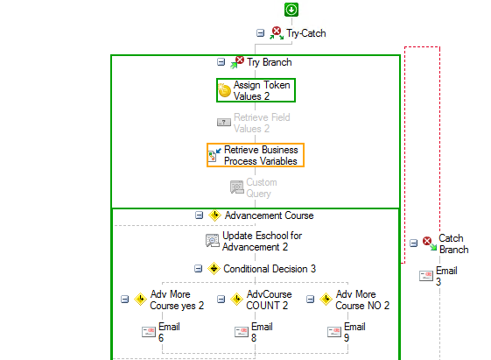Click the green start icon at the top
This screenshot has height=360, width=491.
pos(291,10)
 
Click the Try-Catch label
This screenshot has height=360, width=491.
pos(306,33)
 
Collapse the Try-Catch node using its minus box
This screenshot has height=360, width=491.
pos(260,33)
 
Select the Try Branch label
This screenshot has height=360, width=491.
pos(270,62)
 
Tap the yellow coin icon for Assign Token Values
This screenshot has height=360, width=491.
pos(224,90)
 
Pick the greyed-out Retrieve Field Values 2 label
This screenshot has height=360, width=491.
pos(262,123)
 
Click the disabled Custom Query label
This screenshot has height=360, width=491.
pos(262,187)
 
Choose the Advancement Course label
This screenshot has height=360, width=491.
pos(269,215)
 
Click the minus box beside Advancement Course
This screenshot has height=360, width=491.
pos(200,215)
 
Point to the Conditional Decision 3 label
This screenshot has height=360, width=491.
pos(270,269)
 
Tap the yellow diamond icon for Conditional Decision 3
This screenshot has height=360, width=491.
pos(214,269)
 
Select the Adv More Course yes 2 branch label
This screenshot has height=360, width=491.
pos(177,300)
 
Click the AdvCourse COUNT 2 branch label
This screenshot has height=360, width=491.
pos(269,300)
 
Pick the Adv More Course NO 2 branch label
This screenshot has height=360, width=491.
pos(362,300)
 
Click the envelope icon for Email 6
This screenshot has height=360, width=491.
pos(149,331)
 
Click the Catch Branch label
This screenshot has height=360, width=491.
pos(453,244)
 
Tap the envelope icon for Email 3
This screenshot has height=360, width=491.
pos(426,276)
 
